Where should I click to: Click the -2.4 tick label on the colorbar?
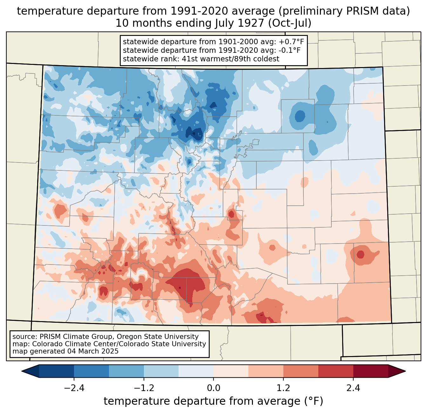tap(74, 388)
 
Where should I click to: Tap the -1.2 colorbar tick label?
tap(144, 388)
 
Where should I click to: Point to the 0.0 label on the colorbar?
tap(213, 388)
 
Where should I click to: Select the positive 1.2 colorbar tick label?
tap(283, 388)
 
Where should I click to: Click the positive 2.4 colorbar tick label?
tap(353, 388)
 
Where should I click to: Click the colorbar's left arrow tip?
tap(22, 371)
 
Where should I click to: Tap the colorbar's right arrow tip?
tap(405, 371)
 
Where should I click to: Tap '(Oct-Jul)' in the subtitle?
tap(290, 23)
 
